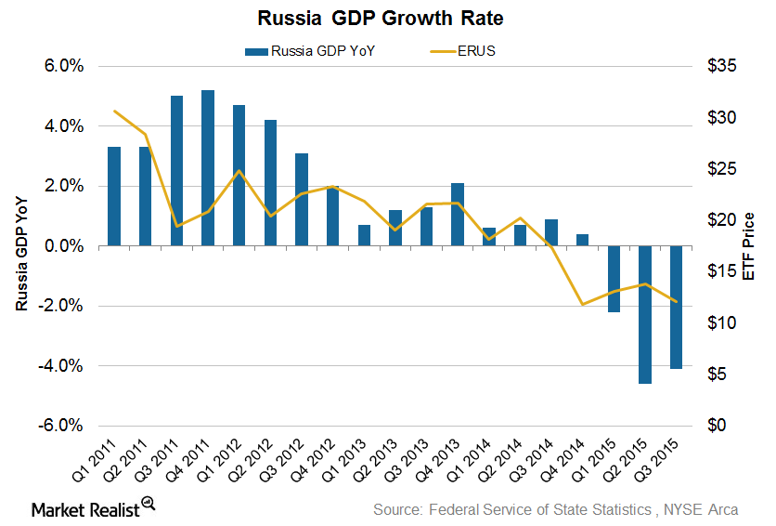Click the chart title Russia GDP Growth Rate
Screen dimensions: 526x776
387,18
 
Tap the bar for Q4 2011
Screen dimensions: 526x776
208,168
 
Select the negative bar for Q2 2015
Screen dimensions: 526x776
644,314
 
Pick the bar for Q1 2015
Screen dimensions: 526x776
614,279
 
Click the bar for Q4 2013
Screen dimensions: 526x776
458,215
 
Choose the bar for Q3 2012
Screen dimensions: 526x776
302,200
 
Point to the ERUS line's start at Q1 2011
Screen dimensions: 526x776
114,112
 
